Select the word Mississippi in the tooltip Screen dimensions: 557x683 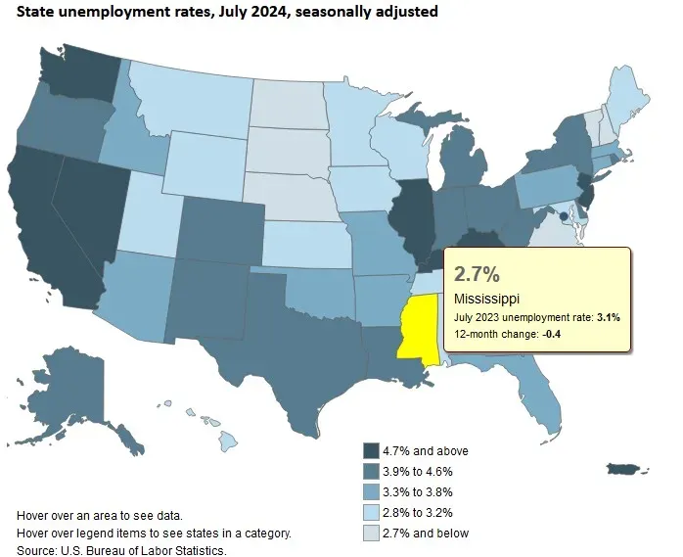click(487, 298)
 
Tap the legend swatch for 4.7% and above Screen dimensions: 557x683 click(371, 450)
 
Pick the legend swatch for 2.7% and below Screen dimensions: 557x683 click(371, 533)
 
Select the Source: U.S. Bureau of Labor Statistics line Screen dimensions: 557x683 click(121, 550)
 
